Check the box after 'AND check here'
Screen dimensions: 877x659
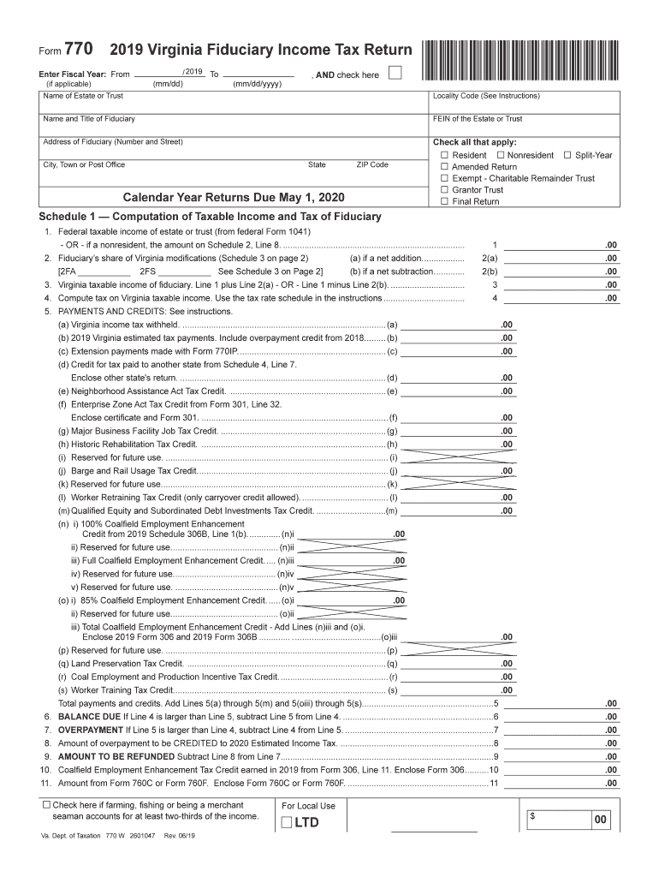tap(395, 74)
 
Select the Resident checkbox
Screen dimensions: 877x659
tap(444, 155)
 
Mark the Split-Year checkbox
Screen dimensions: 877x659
tap(567, 155)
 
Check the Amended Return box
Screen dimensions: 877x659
tap(444, 167)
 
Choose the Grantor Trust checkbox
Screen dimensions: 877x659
tap(444, 190)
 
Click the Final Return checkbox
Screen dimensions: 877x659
tap(444, 202)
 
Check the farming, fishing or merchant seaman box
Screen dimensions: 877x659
tap(46, 805)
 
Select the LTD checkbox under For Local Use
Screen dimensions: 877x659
tap(285, 824)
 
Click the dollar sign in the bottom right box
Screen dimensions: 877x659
tap(532, 817)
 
